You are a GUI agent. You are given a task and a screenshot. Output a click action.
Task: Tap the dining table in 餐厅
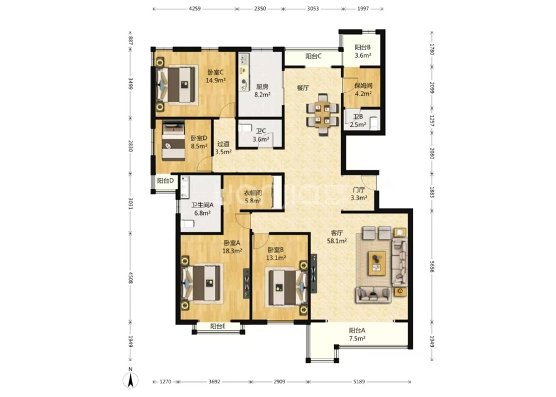click(322, 114)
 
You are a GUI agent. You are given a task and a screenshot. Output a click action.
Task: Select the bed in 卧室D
click(174, 141)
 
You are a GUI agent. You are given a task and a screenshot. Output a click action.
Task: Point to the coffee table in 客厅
click(377, 263)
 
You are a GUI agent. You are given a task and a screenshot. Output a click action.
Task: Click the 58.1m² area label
click(337, 241)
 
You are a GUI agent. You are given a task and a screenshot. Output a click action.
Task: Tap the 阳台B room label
click(363, 47)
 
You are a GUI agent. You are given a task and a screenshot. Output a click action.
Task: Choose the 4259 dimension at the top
click(195, 9)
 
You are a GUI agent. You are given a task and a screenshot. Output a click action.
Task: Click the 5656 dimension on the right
click(431, 266)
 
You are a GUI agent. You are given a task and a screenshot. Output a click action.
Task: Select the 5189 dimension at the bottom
click(359, 382)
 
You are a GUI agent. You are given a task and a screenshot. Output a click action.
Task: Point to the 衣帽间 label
click(253, 193)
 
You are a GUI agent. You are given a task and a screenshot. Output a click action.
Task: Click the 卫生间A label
click(203, 205)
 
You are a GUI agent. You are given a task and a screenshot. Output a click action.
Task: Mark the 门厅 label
click(359, 190)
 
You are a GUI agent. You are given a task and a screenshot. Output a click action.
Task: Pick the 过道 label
click(223, 144)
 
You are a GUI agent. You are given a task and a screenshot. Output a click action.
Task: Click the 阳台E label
click(218, 326)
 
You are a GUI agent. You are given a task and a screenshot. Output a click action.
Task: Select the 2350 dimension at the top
click(260, 9)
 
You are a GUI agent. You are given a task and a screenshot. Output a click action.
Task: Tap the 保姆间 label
click(363, 86)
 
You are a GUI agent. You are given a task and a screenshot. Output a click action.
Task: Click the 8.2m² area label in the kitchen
click(262, 95)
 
